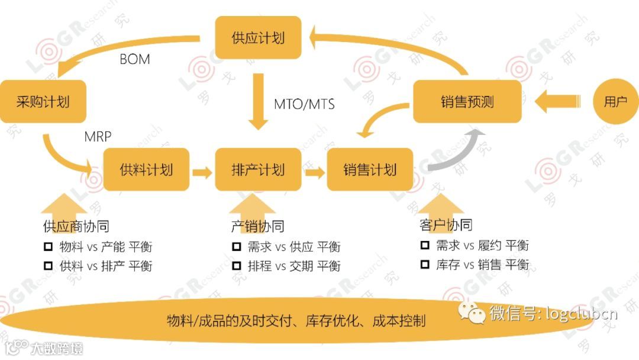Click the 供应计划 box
point(258,37)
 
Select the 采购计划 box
point(43,102)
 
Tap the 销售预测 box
point(467,102)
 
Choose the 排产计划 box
point(258,170)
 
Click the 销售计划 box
point(370,170)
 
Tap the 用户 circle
point(615,102)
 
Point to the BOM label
point(134,59)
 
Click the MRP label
point(98,137)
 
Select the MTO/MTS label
point(304,104)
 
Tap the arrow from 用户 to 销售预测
point(559,102)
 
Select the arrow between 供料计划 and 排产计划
point(202,173)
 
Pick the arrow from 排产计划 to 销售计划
point(314,173)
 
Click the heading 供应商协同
point(76,226)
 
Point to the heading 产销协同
point(257,226)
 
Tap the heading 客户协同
point(446,225)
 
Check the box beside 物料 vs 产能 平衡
point(49,246)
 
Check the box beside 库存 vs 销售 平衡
point(424,264)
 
